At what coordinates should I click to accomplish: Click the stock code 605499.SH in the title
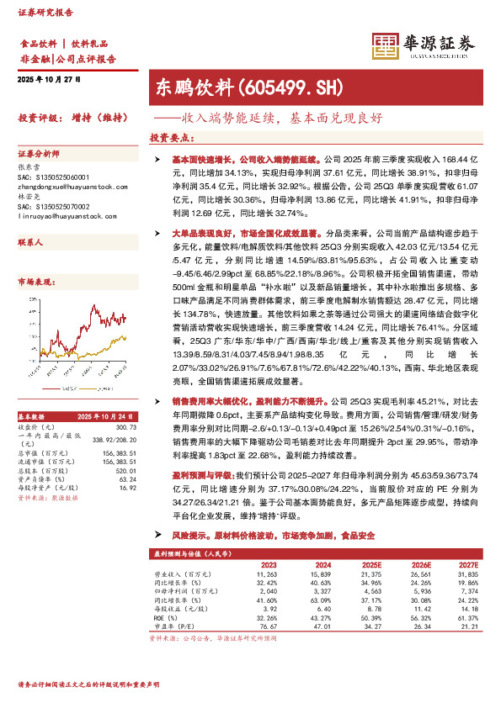coord(282,86)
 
